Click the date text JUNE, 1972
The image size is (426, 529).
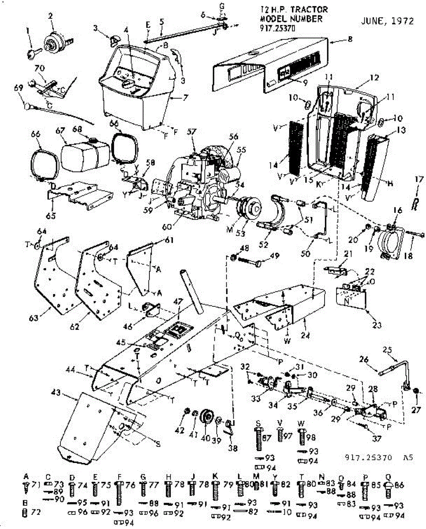pos(387,21)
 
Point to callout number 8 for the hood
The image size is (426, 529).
pos(350,39)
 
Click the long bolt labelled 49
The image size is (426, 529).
pos(251,263)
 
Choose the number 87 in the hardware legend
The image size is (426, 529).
pos(265,437)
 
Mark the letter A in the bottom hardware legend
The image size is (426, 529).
pos(26,477)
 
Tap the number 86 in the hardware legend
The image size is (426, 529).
pos(399,484)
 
